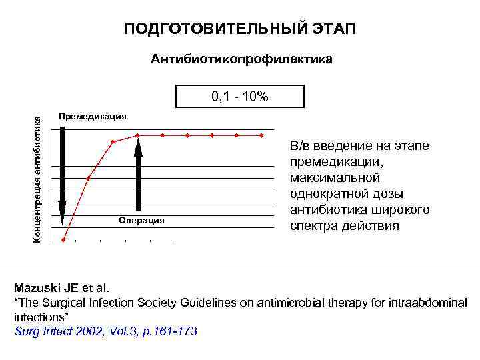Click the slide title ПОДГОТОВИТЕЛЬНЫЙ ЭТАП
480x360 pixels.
[x=240, y=29]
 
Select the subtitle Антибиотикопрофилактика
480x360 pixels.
[x=241, y=60]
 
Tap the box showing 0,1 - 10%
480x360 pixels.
[x=240, y=97]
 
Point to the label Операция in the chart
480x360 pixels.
[x=141, y=220]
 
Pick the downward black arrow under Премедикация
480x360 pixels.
[x=62, y=173]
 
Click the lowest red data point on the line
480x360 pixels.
[x=64, y=239]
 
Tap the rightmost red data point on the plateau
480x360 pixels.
[x=262, y=135]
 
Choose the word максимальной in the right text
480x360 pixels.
[x=335, y=177]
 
